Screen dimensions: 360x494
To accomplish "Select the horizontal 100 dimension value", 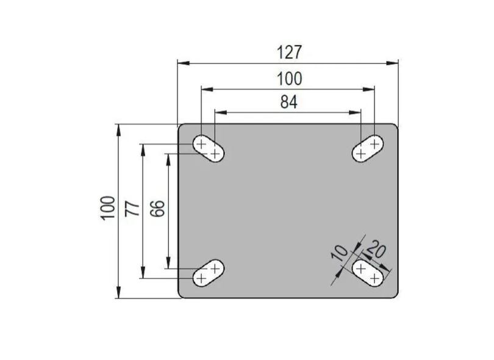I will [288, 78].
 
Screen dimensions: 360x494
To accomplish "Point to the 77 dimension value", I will [132, 209].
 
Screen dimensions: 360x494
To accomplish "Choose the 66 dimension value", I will [157, 209].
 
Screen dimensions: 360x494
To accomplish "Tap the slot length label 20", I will [376, 250].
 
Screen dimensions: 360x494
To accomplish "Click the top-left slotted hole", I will [208, 149].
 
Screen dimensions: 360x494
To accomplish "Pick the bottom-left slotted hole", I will [208, 272].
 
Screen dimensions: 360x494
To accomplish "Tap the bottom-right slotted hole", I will [368, 273].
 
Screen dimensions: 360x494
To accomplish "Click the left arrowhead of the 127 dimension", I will [181, 62].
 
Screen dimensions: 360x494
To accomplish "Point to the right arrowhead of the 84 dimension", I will [357, 112].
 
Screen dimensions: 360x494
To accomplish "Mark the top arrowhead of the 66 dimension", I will [168, 156].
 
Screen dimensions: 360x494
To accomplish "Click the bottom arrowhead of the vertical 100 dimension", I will [118, 293].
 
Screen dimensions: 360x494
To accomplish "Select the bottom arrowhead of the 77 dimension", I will [143, 274].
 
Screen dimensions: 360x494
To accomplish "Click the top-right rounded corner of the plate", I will [394, 128].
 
